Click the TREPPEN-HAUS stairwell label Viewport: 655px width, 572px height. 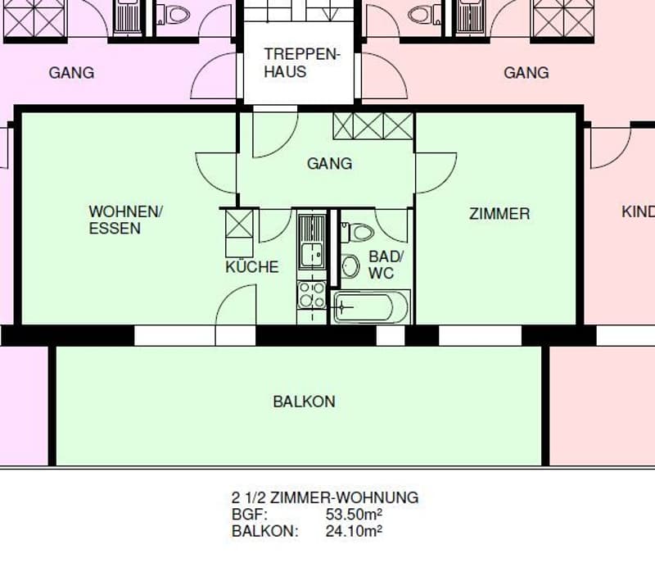(x=302, y=63)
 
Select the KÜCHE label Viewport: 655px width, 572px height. (x=252, y=266)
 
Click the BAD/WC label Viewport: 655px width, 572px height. (x=386, y=265)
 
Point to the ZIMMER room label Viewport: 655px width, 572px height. (x=499, y=214)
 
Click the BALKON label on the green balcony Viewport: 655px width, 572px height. (x=304, y=402)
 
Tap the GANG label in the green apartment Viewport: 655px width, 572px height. (x=330, y=164)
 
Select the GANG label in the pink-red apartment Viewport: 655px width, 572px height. (x=526, y=73)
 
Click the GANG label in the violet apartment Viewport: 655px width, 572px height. (x=71, y=73)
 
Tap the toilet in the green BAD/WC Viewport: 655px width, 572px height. (x=358, y=233)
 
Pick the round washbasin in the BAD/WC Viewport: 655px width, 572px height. (x=350, y=266)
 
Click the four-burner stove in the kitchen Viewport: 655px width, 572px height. (x=312, y=295)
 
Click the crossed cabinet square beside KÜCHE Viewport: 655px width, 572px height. (x=239, y=223)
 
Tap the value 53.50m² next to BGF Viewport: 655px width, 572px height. (x=354, y=515)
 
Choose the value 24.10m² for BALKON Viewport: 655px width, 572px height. (x=354, y=532)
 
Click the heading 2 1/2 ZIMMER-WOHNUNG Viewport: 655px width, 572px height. (x=325, y=497)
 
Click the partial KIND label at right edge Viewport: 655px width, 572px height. (x=638, y=211)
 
